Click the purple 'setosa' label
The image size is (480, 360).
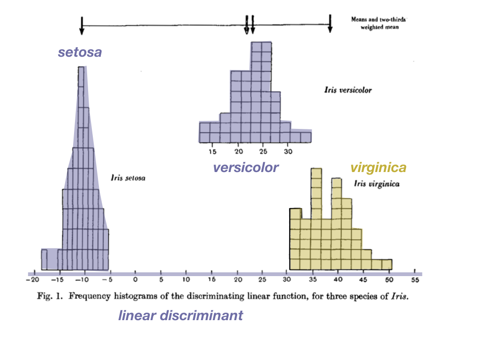[x=80, y=52]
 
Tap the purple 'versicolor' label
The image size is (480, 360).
[x=246, y=167]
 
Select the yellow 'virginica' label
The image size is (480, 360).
[x=378, y=168]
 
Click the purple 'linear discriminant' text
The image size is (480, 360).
[x=180, y=315]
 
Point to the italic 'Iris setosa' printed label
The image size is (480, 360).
[x=128, y=178]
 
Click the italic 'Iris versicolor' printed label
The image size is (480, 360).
[x=347, y=90]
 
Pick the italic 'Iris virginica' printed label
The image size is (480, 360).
[x=377, y=184]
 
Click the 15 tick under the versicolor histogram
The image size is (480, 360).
[x=212, y=151]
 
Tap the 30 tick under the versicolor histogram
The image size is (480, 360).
[x=288, y=151]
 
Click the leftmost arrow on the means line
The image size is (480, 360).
[x=82, y=27]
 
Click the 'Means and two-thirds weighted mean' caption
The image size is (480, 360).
[x=379, y=23]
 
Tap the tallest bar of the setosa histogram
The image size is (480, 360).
[x=82, y=169]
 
